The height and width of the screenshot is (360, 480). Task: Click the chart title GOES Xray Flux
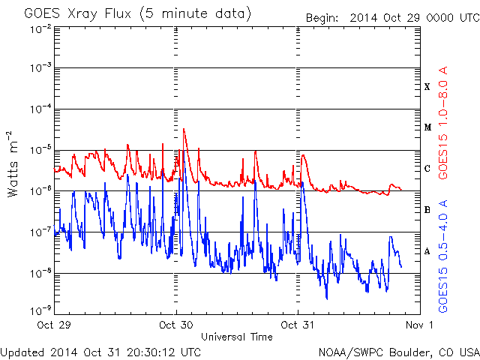(x=78, y=13)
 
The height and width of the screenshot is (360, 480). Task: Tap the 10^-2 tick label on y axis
(x=40, y=30)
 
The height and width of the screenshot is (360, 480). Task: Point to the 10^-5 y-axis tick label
(x=40, y=150)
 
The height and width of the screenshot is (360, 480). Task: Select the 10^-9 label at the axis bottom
(x=40, y=310)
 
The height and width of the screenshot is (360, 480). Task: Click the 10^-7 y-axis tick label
(x=40, y=232)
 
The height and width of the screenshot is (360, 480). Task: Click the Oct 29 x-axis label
(x=54, y=325)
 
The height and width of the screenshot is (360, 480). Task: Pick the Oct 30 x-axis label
(x=176, y=325)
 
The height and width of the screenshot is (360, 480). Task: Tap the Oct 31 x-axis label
(x=298, y=325)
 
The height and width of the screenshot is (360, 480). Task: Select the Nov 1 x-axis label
(x=420, y=325)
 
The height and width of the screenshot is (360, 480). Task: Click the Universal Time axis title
(x=237, y=337)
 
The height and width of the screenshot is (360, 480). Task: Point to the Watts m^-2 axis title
(x=13, y=164)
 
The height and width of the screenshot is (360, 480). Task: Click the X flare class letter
(x=427, y=87)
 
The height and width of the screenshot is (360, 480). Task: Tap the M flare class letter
(x=427, y=127)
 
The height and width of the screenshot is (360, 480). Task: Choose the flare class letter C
(x=427, y=168)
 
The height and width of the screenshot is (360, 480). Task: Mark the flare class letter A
(x=427, y=251)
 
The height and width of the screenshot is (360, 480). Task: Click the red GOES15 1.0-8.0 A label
(x=443, y=123)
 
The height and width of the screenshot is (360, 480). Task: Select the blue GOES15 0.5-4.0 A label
(x=443, y=256)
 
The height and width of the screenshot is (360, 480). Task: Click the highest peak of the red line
(x=184, y=128)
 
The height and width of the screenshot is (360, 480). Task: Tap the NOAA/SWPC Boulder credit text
(x=399, y=352)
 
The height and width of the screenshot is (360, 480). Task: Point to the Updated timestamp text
(x=100, y=352)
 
